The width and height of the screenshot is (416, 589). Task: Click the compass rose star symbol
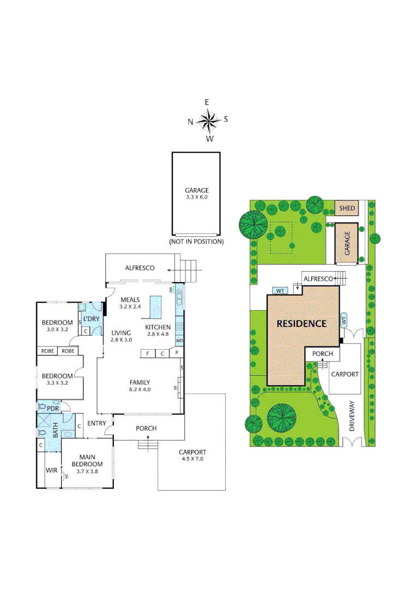208,121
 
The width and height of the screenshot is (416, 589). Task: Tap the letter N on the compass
190,122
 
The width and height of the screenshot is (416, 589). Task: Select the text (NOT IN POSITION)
196,241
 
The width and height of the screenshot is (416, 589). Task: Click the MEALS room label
130,299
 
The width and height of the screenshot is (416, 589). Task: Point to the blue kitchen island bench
157,307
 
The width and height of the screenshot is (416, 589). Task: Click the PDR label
53,408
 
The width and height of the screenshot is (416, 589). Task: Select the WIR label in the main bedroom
52,470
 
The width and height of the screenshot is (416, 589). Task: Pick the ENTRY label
97,423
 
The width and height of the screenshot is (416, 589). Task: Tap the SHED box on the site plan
347,208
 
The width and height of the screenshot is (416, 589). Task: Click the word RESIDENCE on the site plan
302,323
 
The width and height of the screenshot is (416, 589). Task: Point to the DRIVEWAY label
352,417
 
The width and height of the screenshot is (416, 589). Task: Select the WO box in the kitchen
179,341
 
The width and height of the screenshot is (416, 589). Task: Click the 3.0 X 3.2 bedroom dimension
57,329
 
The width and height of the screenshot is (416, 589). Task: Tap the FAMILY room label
140,382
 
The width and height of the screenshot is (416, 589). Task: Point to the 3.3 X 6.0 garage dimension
196,198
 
